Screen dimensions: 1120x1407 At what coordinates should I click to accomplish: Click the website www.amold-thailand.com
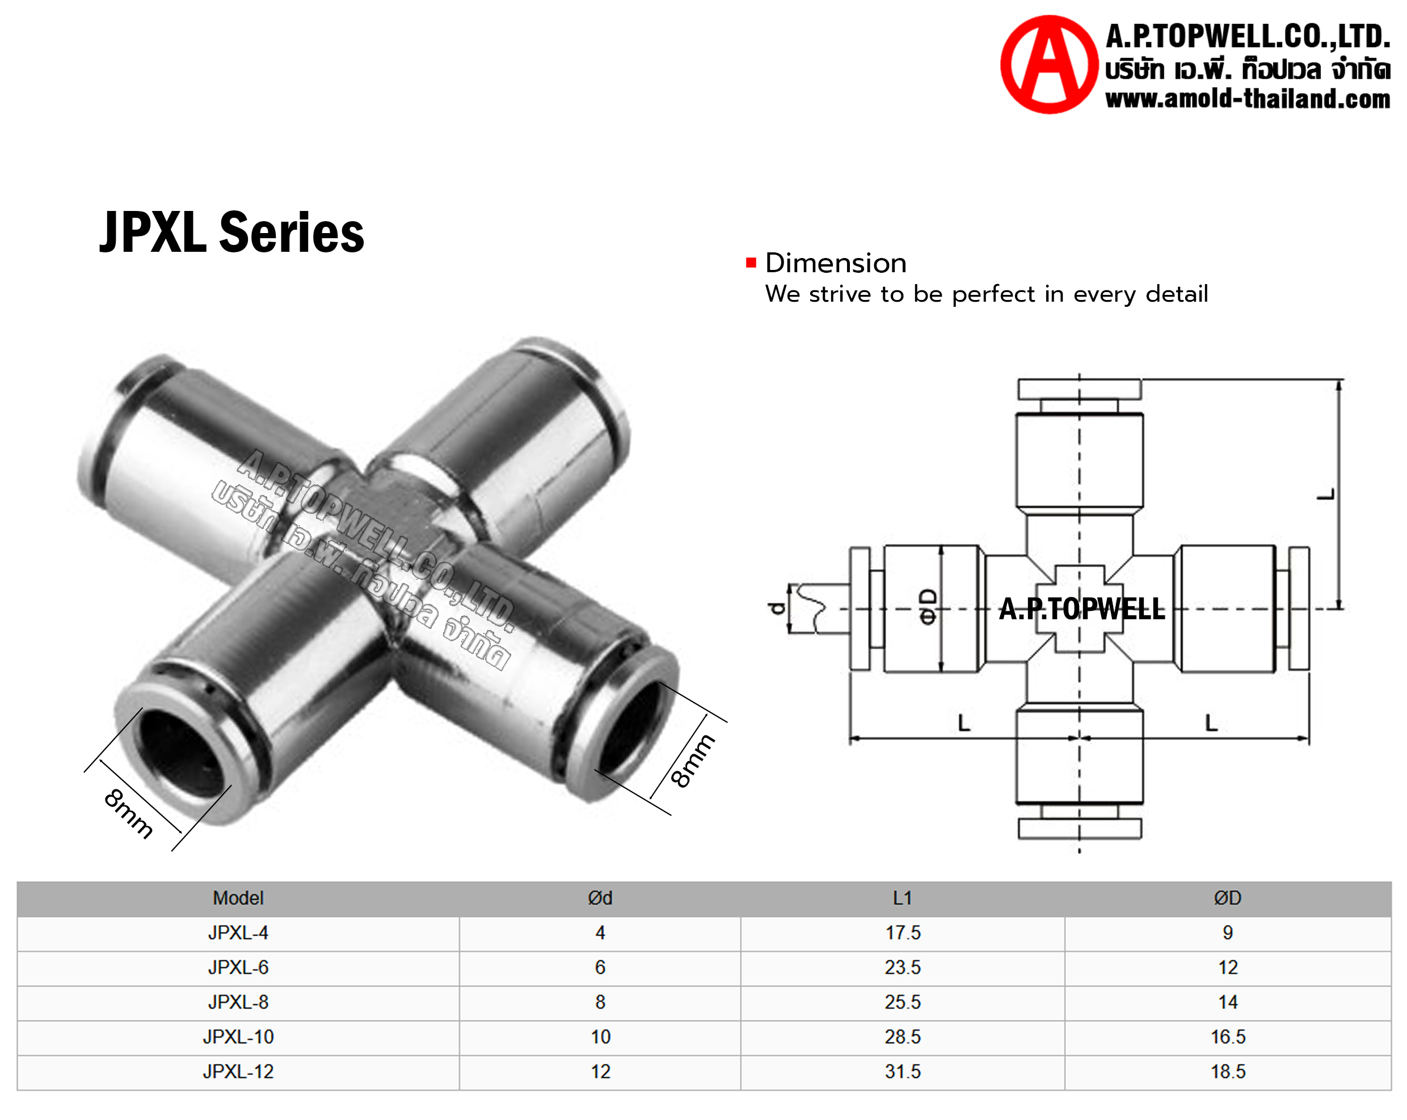[x=1247, y=99]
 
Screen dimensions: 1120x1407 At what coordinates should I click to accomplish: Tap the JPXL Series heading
[x=231, y=233]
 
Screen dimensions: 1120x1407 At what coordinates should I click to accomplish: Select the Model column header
[x=238, y=898]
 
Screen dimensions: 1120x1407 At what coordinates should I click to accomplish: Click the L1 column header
[x=903, y=898]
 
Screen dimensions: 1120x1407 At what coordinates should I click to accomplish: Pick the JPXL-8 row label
[x=238, y=1002]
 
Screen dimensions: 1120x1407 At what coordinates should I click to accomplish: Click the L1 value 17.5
[x=903, y=933]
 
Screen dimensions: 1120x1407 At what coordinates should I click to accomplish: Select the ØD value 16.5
[x=1228, y=1037]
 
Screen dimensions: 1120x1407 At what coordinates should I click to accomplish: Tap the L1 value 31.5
[x=903, y=1071]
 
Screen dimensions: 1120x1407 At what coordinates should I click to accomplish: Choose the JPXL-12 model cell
[x=238, y=1071]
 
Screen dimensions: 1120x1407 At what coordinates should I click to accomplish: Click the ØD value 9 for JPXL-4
[x=1228, y=933]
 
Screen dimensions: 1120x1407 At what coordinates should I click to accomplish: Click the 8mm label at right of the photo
[x=693, y=760]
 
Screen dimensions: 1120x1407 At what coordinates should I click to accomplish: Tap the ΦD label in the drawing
[x=928, y=607]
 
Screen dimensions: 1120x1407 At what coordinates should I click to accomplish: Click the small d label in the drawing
[x=777, y=608]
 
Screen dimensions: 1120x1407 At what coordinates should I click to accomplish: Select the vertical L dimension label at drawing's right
[x=1325, y=494]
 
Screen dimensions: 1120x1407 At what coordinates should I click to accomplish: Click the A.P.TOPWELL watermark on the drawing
[x=1081, y=609]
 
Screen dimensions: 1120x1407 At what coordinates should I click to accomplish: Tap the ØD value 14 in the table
[x=1228, y=1002]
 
